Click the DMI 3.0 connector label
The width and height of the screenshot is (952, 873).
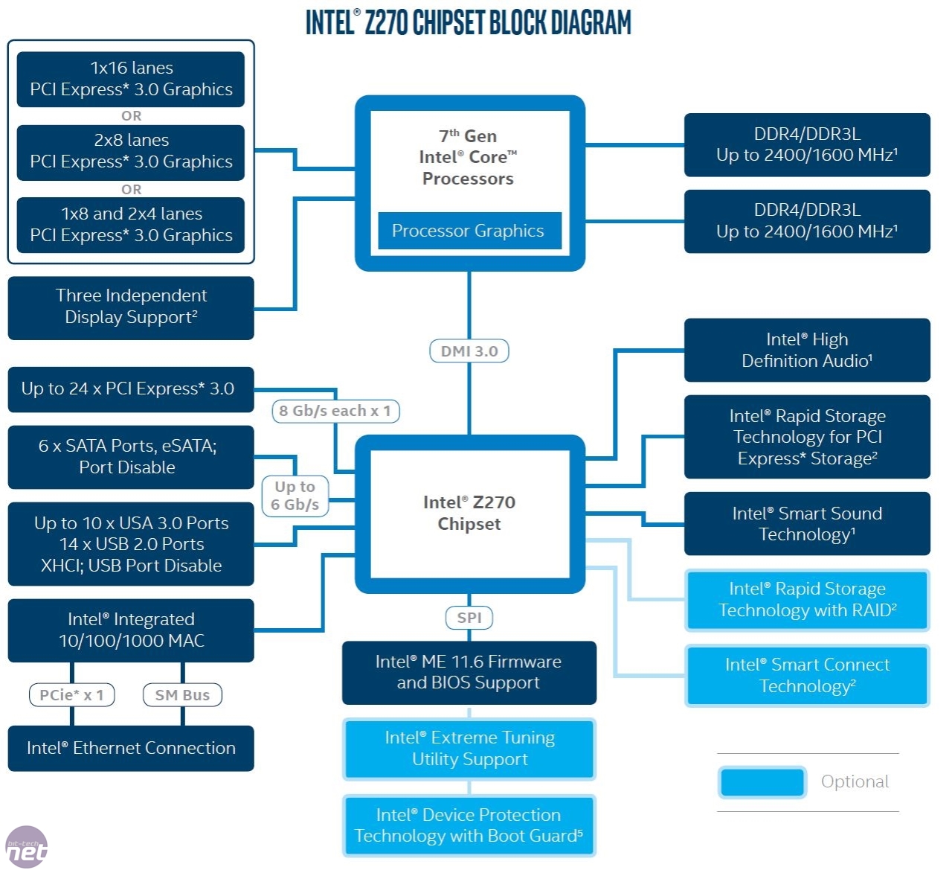point(469,351)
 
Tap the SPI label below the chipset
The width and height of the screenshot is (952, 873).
point(469,618)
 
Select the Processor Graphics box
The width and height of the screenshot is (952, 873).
point(469,231)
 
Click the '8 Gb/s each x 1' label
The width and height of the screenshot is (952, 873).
point(335,411)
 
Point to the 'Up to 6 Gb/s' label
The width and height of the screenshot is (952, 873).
point(295,496)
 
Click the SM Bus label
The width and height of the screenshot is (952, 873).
point(182,695)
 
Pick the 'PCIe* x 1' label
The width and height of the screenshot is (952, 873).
point(71,695)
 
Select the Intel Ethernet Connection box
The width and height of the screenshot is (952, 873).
point(131,748)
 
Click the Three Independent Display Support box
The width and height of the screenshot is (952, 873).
point(131,307)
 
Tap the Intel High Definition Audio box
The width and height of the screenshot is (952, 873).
point(807,350)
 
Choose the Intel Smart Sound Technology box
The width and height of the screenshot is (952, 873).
point(807,523)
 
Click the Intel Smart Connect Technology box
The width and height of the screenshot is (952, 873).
point(807,675)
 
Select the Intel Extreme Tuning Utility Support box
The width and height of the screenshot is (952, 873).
point(469,749)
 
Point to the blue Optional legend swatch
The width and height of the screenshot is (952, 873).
point(762,782)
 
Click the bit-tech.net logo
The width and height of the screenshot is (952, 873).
point(26,848)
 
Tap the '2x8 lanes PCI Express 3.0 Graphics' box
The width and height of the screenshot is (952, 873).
point(131,152)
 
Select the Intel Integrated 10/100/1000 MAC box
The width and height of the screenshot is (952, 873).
point(131,630)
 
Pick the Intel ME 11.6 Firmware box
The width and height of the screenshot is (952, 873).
point(469,672)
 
